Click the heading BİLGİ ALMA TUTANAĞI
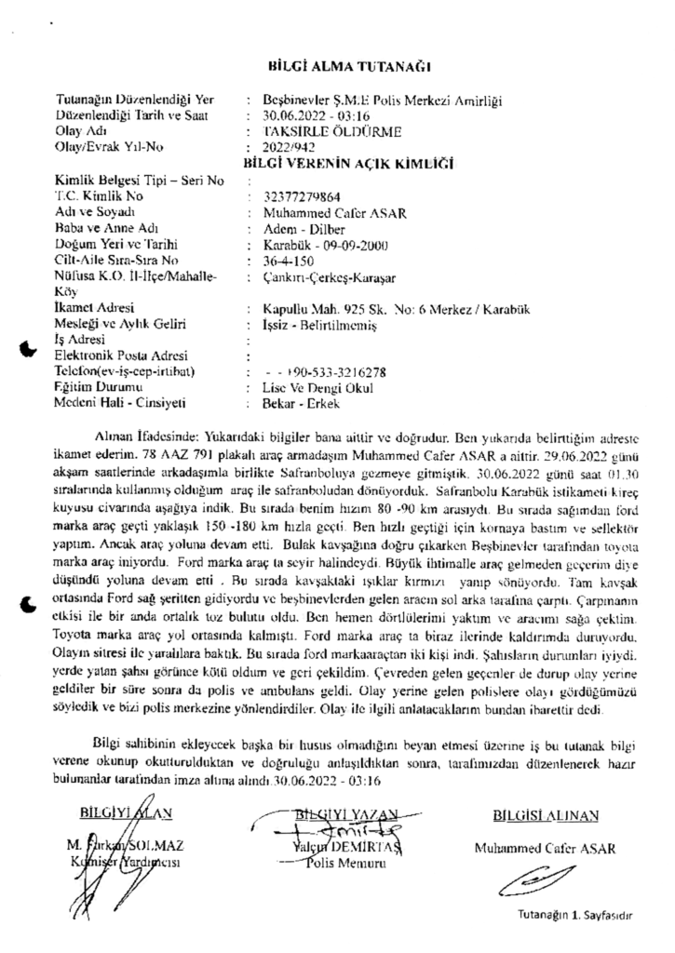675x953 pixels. pyautogui.click(x=349, y=68)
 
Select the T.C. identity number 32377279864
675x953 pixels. pyautogui.click(x=304, y=198)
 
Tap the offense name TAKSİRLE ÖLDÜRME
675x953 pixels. pyautogui.click(x=322, y=132)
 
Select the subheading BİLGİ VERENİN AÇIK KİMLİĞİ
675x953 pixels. pyautogui.click(x=347, y=162)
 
